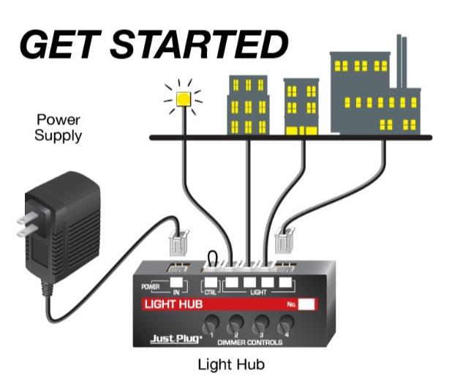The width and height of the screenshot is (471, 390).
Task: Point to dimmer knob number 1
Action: tap(212, 321)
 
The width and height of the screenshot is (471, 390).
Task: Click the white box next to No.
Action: tap(308, 303)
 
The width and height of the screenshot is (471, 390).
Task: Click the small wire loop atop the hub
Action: tap(214, 258)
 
